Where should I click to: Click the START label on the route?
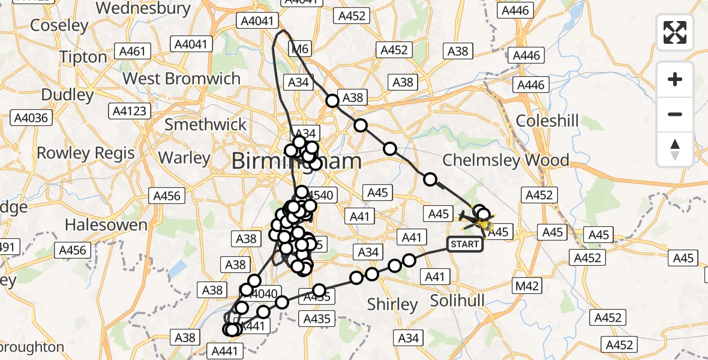coord(464,244)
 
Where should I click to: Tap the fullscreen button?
coord(675,32)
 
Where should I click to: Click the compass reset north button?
coord(675,149)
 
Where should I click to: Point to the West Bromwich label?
coord(181,79)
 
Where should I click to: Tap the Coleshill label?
coord(547,121)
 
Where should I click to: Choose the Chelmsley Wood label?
coord(505,160)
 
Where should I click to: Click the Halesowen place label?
coord(106,225)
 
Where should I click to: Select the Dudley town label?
coord(68,95)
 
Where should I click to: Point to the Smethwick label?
coord(205,124)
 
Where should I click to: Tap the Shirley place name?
coord(392,305)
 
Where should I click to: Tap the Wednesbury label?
coord(143,8)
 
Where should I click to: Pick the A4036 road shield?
coord(32,118)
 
